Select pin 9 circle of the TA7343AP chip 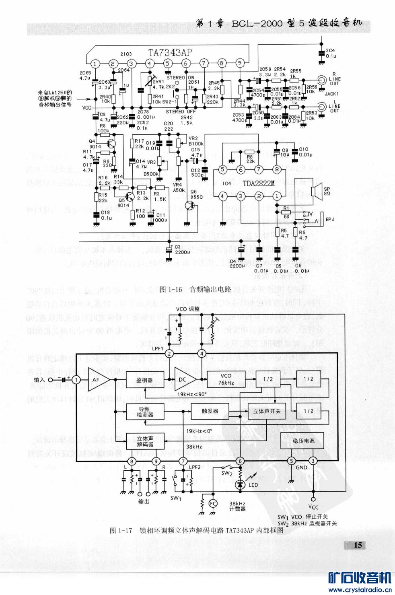240,63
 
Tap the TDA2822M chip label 258,183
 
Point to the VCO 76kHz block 226,379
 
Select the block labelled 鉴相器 145,379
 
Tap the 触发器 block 210,411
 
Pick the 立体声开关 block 267,411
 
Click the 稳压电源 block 303,441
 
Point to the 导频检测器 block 145,412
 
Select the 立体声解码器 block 145,441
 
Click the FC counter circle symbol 213,503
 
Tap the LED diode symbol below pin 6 240,485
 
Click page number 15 358,545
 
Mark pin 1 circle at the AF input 76,379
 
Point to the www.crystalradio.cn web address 360,590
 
